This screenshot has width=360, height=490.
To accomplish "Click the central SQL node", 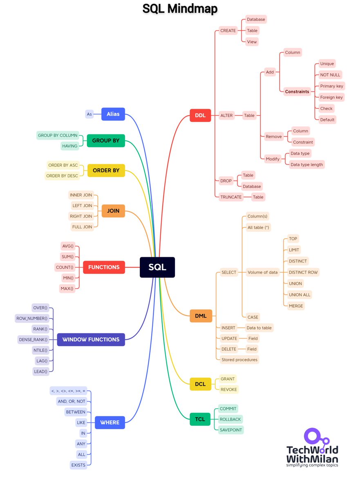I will [157, 267].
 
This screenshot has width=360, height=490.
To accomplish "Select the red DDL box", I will [200, 115].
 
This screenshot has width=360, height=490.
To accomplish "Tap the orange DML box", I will [201, 316].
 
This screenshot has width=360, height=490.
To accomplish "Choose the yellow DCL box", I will [200, 384].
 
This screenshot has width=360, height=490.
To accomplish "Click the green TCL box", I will [200, 419].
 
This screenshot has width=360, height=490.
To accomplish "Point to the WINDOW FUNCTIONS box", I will [91, 339].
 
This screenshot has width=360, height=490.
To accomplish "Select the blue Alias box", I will [113, 114].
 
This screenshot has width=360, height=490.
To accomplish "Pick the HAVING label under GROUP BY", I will [69, 146].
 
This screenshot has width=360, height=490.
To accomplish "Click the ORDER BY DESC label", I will [62, 176].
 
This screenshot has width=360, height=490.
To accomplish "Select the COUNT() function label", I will [65, 267].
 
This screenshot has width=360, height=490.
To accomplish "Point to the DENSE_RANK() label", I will [33, 339].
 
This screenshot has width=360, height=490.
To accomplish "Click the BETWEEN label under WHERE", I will [76, 412].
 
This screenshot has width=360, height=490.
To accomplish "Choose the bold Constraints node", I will [297, 91].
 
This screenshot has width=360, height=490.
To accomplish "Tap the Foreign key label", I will [331, 97].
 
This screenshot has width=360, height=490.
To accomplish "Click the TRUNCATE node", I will [231, 197].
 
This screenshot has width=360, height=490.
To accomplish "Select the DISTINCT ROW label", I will [303, 272].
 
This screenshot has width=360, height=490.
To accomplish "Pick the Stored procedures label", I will [239, 360].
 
